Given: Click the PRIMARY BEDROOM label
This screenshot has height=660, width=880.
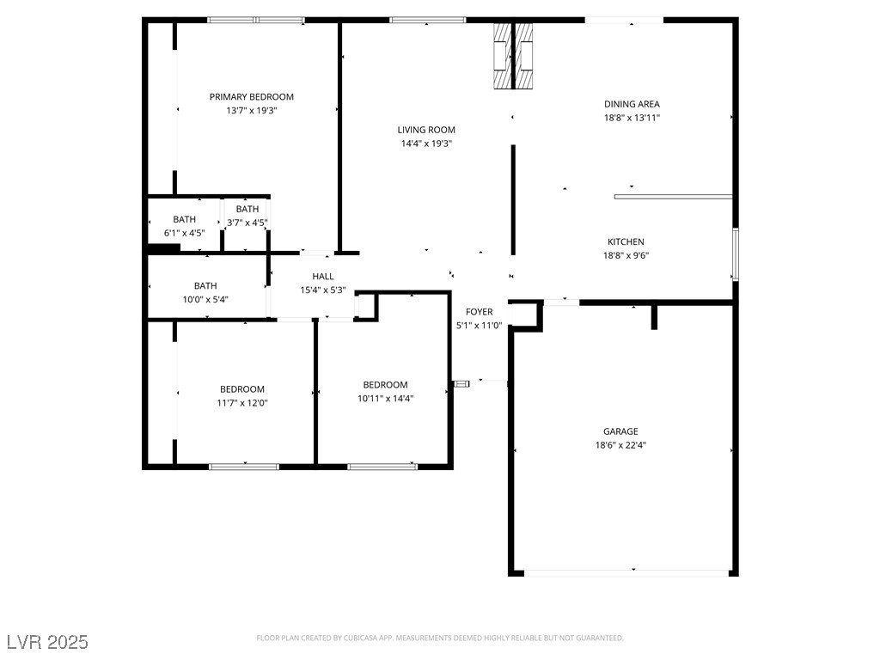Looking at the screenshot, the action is point(252,96).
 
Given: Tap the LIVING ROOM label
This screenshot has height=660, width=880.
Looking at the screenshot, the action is point(426,130).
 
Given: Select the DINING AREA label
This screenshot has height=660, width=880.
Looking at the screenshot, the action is point(632,104).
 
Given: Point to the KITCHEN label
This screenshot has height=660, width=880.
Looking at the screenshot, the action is point(626,241).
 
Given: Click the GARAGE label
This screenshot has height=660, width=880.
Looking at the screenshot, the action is point(620,431).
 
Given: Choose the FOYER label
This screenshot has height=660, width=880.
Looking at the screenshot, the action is point(480,311).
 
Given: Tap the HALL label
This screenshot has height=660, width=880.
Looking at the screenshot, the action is point(323,276).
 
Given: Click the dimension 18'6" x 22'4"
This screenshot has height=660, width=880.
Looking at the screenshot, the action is point(620,445).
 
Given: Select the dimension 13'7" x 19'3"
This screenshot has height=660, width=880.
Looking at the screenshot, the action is point(252,111).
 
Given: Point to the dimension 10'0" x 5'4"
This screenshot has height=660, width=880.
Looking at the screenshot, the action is point(205,300).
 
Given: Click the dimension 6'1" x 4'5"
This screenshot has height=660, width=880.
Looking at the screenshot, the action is point(184,233).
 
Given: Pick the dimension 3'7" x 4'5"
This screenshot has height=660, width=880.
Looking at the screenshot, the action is point(247,223).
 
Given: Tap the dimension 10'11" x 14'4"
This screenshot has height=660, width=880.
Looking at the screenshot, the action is point(386,399).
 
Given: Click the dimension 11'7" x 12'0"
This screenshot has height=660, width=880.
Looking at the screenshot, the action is point(242,403).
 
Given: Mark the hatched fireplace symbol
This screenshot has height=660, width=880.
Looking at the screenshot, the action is point(513,56).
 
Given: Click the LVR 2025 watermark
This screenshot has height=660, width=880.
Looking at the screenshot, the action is point(48,642).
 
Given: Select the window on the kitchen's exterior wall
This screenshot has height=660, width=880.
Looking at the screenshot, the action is point(736,254).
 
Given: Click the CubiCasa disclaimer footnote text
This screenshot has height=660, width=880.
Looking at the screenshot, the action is point(440,639).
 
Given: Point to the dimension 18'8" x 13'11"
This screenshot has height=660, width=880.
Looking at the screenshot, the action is point(632,118).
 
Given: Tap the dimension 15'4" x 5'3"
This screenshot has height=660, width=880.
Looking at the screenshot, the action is point(323,290).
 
